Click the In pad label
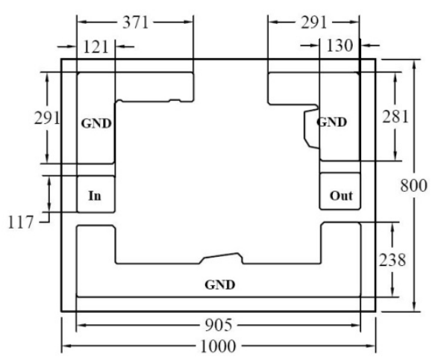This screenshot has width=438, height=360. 95,196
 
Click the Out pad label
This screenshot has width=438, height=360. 341,196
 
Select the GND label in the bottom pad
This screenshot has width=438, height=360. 220,285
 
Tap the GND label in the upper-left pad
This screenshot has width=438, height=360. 96,123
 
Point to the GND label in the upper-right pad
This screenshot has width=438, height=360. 332,122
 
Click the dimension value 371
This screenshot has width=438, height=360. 136,22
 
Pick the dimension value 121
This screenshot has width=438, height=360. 96,47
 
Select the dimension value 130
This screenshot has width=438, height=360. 340,46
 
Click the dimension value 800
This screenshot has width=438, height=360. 413,185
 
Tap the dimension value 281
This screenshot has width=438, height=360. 395,117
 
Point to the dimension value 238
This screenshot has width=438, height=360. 392,260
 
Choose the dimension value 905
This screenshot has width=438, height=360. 219,325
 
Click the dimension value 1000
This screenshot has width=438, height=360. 218,347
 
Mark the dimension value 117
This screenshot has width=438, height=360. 21,223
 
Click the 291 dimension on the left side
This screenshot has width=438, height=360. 47,118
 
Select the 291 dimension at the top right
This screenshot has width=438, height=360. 313,22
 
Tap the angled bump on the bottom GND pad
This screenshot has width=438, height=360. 221,258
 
